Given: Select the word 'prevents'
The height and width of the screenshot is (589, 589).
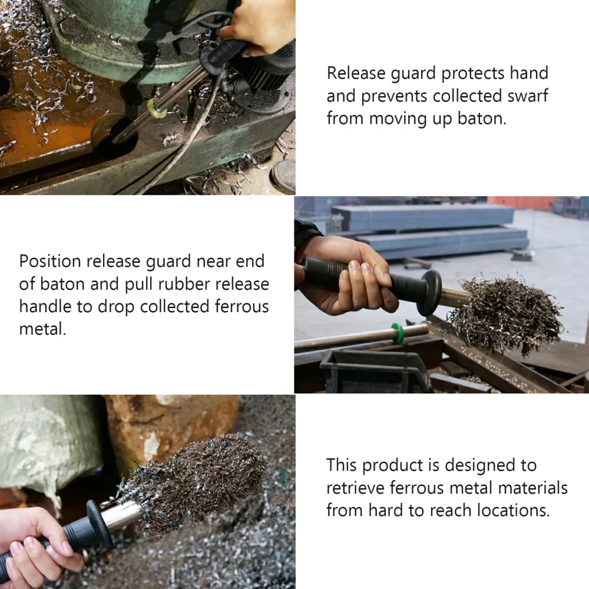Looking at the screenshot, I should click(x=394, y=96).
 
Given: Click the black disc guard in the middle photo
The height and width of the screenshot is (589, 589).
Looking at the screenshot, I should click(x=429, y=292).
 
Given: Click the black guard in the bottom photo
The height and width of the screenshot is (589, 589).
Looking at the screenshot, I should click(x=98, y=524).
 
